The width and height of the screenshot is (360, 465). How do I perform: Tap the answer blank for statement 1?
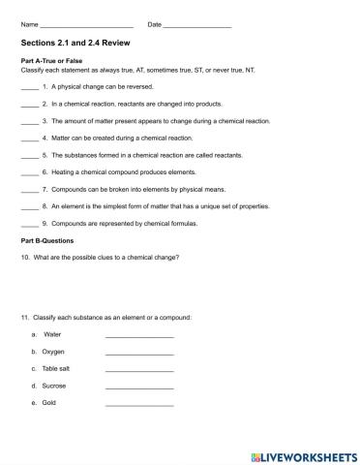(x=29, y=87)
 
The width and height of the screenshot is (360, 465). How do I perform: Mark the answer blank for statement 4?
(x=29, y=139)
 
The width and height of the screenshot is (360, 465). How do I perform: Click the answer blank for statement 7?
(x=29, y=190)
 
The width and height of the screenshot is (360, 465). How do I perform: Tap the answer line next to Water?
(x=138, y=335)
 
